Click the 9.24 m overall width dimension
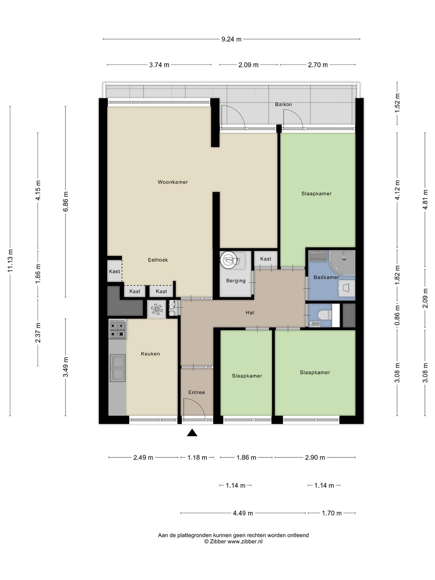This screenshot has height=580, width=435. click(x=231, y=39)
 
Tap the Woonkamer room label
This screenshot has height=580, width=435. click(x=172, y=182)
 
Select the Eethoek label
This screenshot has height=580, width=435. click(x=158, y=260)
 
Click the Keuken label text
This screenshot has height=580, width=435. click(x=150, y=353)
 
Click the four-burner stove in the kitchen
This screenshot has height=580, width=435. click(x=117, y=329)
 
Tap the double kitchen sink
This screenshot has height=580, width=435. click(x=118, y=368)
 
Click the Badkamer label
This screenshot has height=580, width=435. click(x=326, y=277)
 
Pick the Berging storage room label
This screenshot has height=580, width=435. click(x=236, y=281)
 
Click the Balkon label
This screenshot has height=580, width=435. click(x=283, y=104)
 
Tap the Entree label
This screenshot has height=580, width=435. click(x=196, y=392)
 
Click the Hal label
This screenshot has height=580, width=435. click(x=250, y=312)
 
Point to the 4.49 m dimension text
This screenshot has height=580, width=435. click(x=243, y=513)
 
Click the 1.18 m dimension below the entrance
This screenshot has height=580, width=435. click(x=197, y=457)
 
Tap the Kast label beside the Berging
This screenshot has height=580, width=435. click(x=266, y=259)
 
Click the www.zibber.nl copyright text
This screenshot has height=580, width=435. click(x=233, y=542)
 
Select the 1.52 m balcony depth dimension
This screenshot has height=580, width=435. click(x=397, y=103)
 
